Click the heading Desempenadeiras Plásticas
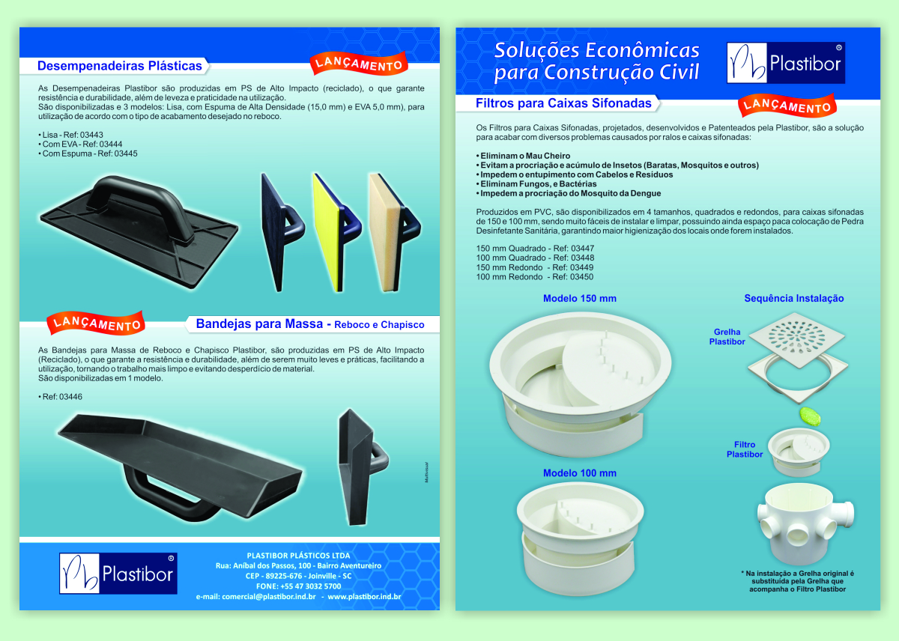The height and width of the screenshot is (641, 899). point(119,66)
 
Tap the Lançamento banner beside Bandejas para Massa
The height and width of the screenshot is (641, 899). point(96,323)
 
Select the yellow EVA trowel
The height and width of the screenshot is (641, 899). point(336,232)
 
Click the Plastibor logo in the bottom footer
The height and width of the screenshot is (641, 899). point(118,573)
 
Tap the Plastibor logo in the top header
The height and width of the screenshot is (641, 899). point(785,63)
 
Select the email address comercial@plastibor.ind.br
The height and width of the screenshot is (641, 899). point(268,597)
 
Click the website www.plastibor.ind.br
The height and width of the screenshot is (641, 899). point(364,597)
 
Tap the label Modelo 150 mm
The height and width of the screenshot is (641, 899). point(580,299)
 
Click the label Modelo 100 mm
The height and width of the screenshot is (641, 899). point(580,473)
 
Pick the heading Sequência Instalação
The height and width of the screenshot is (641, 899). point(794,299)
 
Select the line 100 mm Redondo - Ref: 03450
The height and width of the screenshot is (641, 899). point(535,277)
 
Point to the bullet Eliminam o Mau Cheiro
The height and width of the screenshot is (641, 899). point(523,156)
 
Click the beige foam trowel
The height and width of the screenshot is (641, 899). point(395,232)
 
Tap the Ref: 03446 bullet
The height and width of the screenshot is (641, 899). point(60,397)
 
